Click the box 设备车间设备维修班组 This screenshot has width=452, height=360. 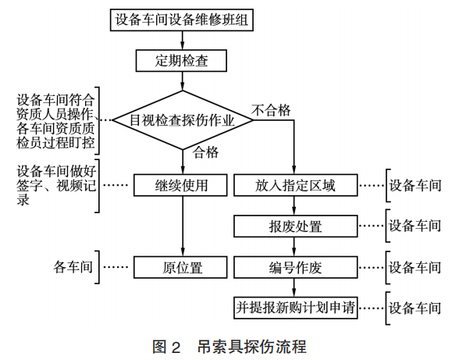click(x=182, y=20)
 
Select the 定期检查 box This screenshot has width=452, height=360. click(x=181, y=61)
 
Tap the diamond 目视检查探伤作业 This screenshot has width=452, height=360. click(x=183, y=120)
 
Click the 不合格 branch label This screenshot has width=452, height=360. click(x=271, y=110)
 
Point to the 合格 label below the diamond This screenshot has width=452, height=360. click(x=205, y=152)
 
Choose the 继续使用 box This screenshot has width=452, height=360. click(x=180, y=185)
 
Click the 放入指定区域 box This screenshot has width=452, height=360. click(x=296, y=185)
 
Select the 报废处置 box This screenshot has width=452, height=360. click(x=296, y=226)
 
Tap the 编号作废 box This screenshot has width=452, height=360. click(x=296, y=267)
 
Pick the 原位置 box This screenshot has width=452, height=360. click(x=180, y=267)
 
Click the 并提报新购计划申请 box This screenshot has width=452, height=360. click(x=296, y=308)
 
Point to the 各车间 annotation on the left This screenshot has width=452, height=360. click(x=73, y=267)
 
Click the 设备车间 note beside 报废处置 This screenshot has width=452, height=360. click(x=415, y=226)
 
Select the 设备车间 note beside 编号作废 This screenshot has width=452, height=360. click(x=415, y=267)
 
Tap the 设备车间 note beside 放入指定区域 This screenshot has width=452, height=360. click(x=415, y=185)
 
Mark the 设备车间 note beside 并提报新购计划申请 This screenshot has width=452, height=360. click(x=415, y=308)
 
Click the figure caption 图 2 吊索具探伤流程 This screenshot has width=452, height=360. click(x=230, y=347)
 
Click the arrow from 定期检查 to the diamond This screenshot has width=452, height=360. click(x=182, y=81)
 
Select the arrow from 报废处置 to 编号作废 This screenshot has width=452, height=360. click(x=294, y=247)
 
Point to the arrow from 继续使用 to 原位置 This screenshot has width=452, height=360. click(x=183, y=226)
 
